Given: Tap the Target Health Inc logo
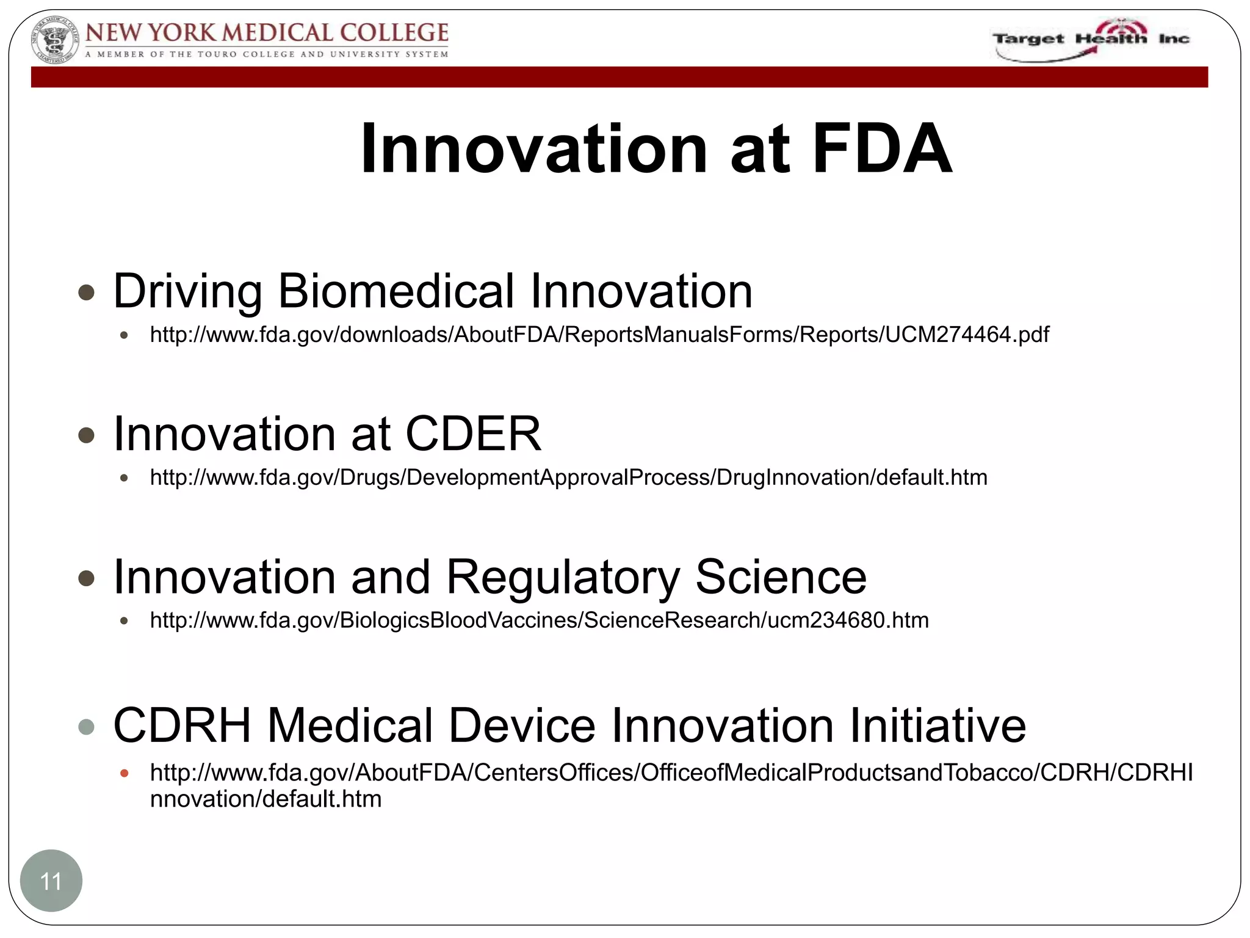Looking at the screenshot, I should click(1091, 40).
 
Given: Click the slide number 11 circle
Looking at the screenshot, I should click(51, 881).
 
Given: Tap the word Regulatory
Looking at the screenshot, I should click(562, 576).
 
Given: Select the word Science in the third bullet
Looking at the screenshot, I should click(781, 576).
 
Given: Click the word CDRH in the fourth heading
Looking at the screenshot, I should click(182, 725).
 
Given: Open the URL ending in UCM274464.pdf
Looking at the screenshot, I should click(599, 335).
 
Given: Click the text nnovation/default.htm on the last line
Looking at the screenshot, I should click(266, 799).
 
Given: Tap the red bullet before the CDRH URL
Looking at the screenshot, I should click(125, 773).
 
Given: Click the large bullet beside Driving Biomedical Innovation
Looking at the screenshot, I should click(87, 293).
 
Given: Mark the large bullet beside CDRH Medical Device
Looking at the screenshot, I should click(87, 727).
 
